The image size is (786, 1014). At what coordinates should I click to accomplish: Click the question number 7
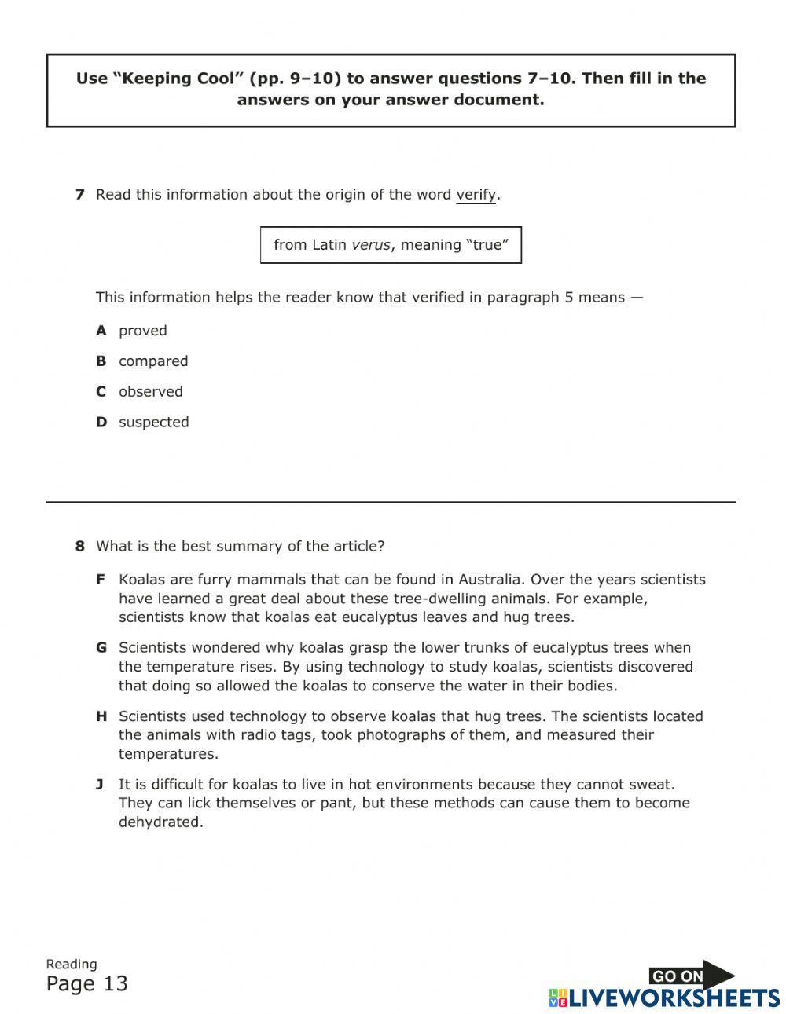click(79, 195)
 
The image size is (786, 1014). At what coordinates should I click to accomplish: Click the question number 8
click(79, 546)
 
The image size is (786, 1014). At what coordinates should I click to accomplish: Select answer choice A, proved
click(142, 331)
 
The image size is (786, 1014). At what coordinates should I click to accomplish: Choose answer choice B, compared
click(152, 361)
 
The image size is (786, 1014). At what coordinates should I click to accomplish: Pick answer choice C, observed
click(150, 392)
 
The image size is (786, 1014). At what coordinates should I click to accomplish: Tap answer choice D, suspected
click(153, 423)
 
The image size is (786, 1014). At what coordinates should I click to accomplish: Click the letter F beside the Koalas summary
click(101, 580)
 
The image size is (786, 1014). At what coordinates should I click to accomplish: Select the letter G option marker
click(101, 648)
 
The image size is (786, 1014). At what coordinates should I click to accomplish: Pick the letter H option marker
click(101, 716)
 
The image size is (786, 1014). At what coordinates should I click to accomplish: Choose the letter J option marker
click(100, 785)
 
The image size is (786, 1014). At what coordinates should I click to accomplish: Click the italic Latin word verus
click(370, 245)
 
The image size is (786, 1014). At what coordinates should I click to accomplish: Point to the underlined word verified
click(437, 298)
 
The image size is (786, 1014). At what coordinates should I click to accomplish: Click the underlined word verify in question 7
click(476, 195)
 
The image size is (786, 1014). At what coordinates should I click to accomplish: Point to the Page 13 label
click(86, 984)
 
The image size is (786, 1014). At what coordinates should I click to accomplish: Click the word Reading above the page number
click(72, 965)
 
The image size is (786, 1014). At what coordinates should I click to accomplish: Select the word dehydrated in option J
click(160, 822)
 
